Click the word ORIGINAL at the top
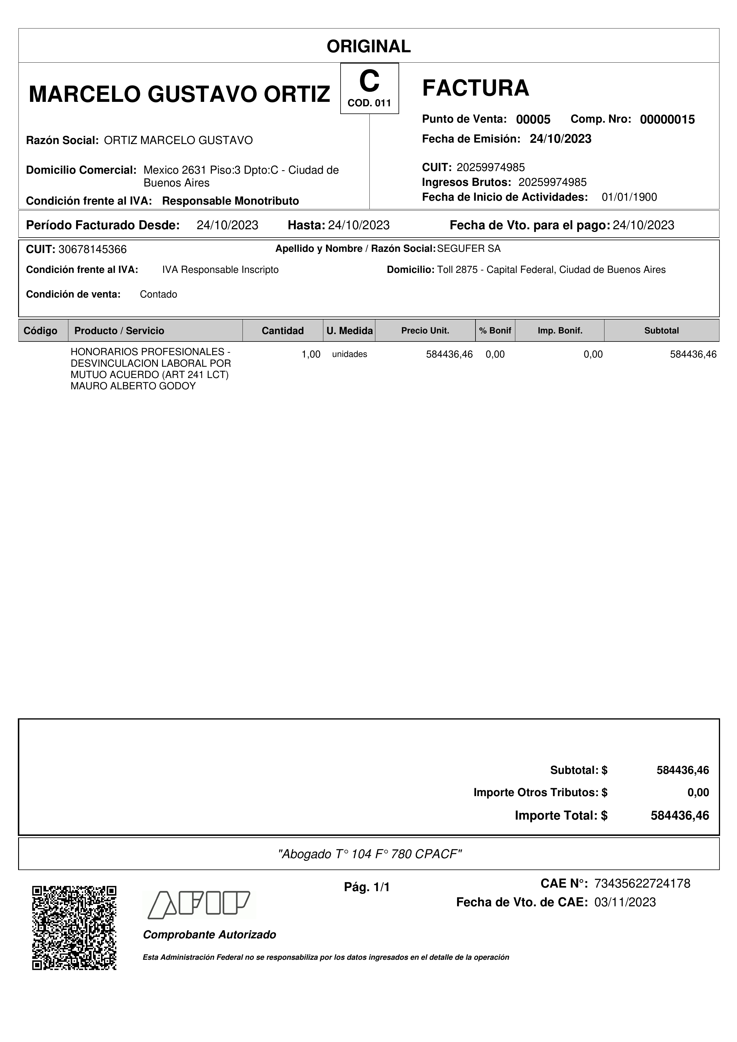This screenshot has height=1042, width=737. pyautogui.click(x=368, y=46)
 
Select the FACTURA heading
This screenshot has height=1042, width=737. pyautogui.click(x=475, y=88)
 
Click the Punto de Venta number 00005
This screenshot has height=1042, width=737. pyautogui.click(x=533, y=119)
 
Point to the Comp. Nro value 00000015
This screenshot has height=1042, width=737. pyautogui.click(x=667, y=119)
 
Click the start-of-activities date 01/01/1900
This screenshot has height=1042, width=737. pyautogui.click(x=629, y=197)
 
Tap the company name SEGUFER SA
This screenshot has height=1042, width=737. pyautogui.click(x=469, y=249)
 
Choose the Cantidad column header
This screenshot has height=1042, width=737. pyautogui.click(x=282, y=331)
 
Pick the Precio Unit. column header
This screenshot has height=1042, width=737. pyautogui.click(x=425, y=331)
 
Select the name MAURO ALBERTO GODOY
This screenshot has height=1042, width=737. pyautogui.click(x=133, y=386)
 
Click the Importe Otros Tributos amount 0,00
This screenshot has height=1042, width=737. pyautogui.click(x=698, y=792)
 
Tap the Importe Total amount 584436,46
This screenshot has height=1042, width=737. pyautogui.click(x=680, y=815)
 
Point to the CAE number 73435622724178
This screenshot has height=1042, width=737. pyautogui.click(x=642, y=883)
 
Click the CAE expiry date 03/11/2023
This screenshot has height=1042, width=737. pyautogui.click(x=625, y=902)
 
